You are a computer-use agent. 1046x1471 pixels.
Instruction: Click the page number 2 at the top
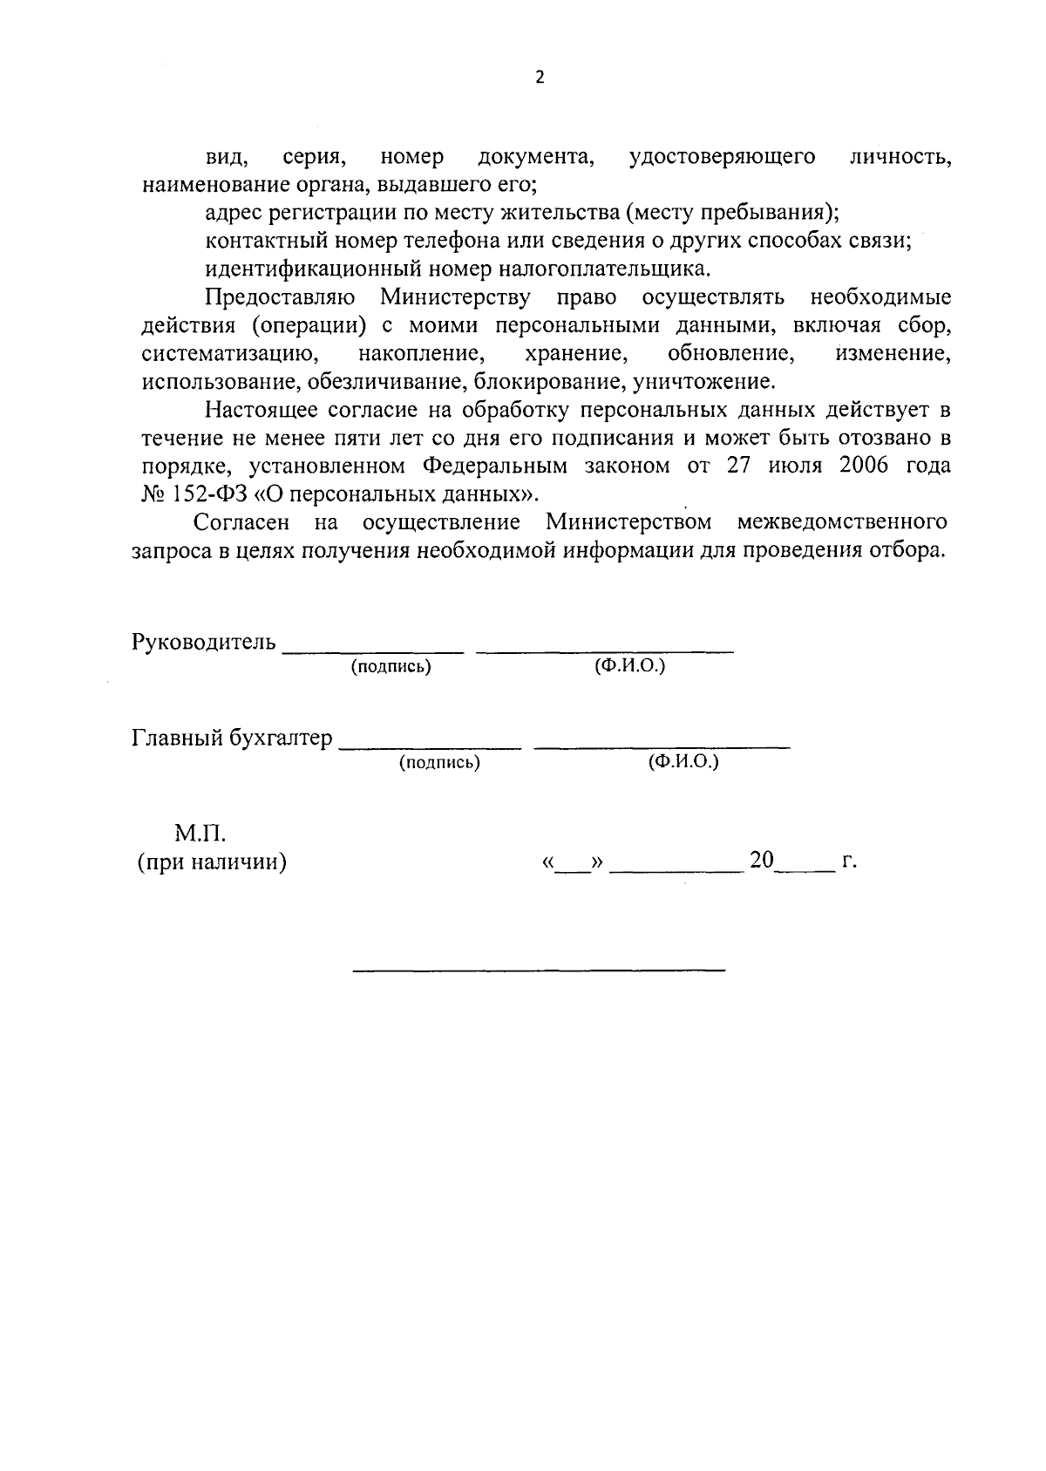539,78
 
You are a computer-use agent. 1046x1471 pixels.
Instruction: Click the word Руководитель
203,643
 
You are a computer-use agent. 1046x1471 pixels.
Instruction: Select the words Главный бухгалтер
232,739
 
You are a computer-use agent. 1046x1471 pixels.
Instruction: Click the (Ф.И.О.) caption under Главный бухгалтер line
683,762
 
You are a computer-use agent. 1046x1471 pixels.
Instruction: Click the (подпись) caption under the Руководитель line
391,667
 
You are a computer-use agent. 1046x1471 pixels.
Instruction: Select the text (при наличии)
212,862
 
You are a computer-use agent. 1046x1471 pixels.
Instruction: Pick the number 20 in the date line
761,860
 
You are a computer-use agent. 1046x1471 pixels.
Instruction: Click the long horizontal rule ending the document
539,970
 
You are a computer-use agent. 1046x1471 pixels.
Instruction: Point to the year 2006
863,465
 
